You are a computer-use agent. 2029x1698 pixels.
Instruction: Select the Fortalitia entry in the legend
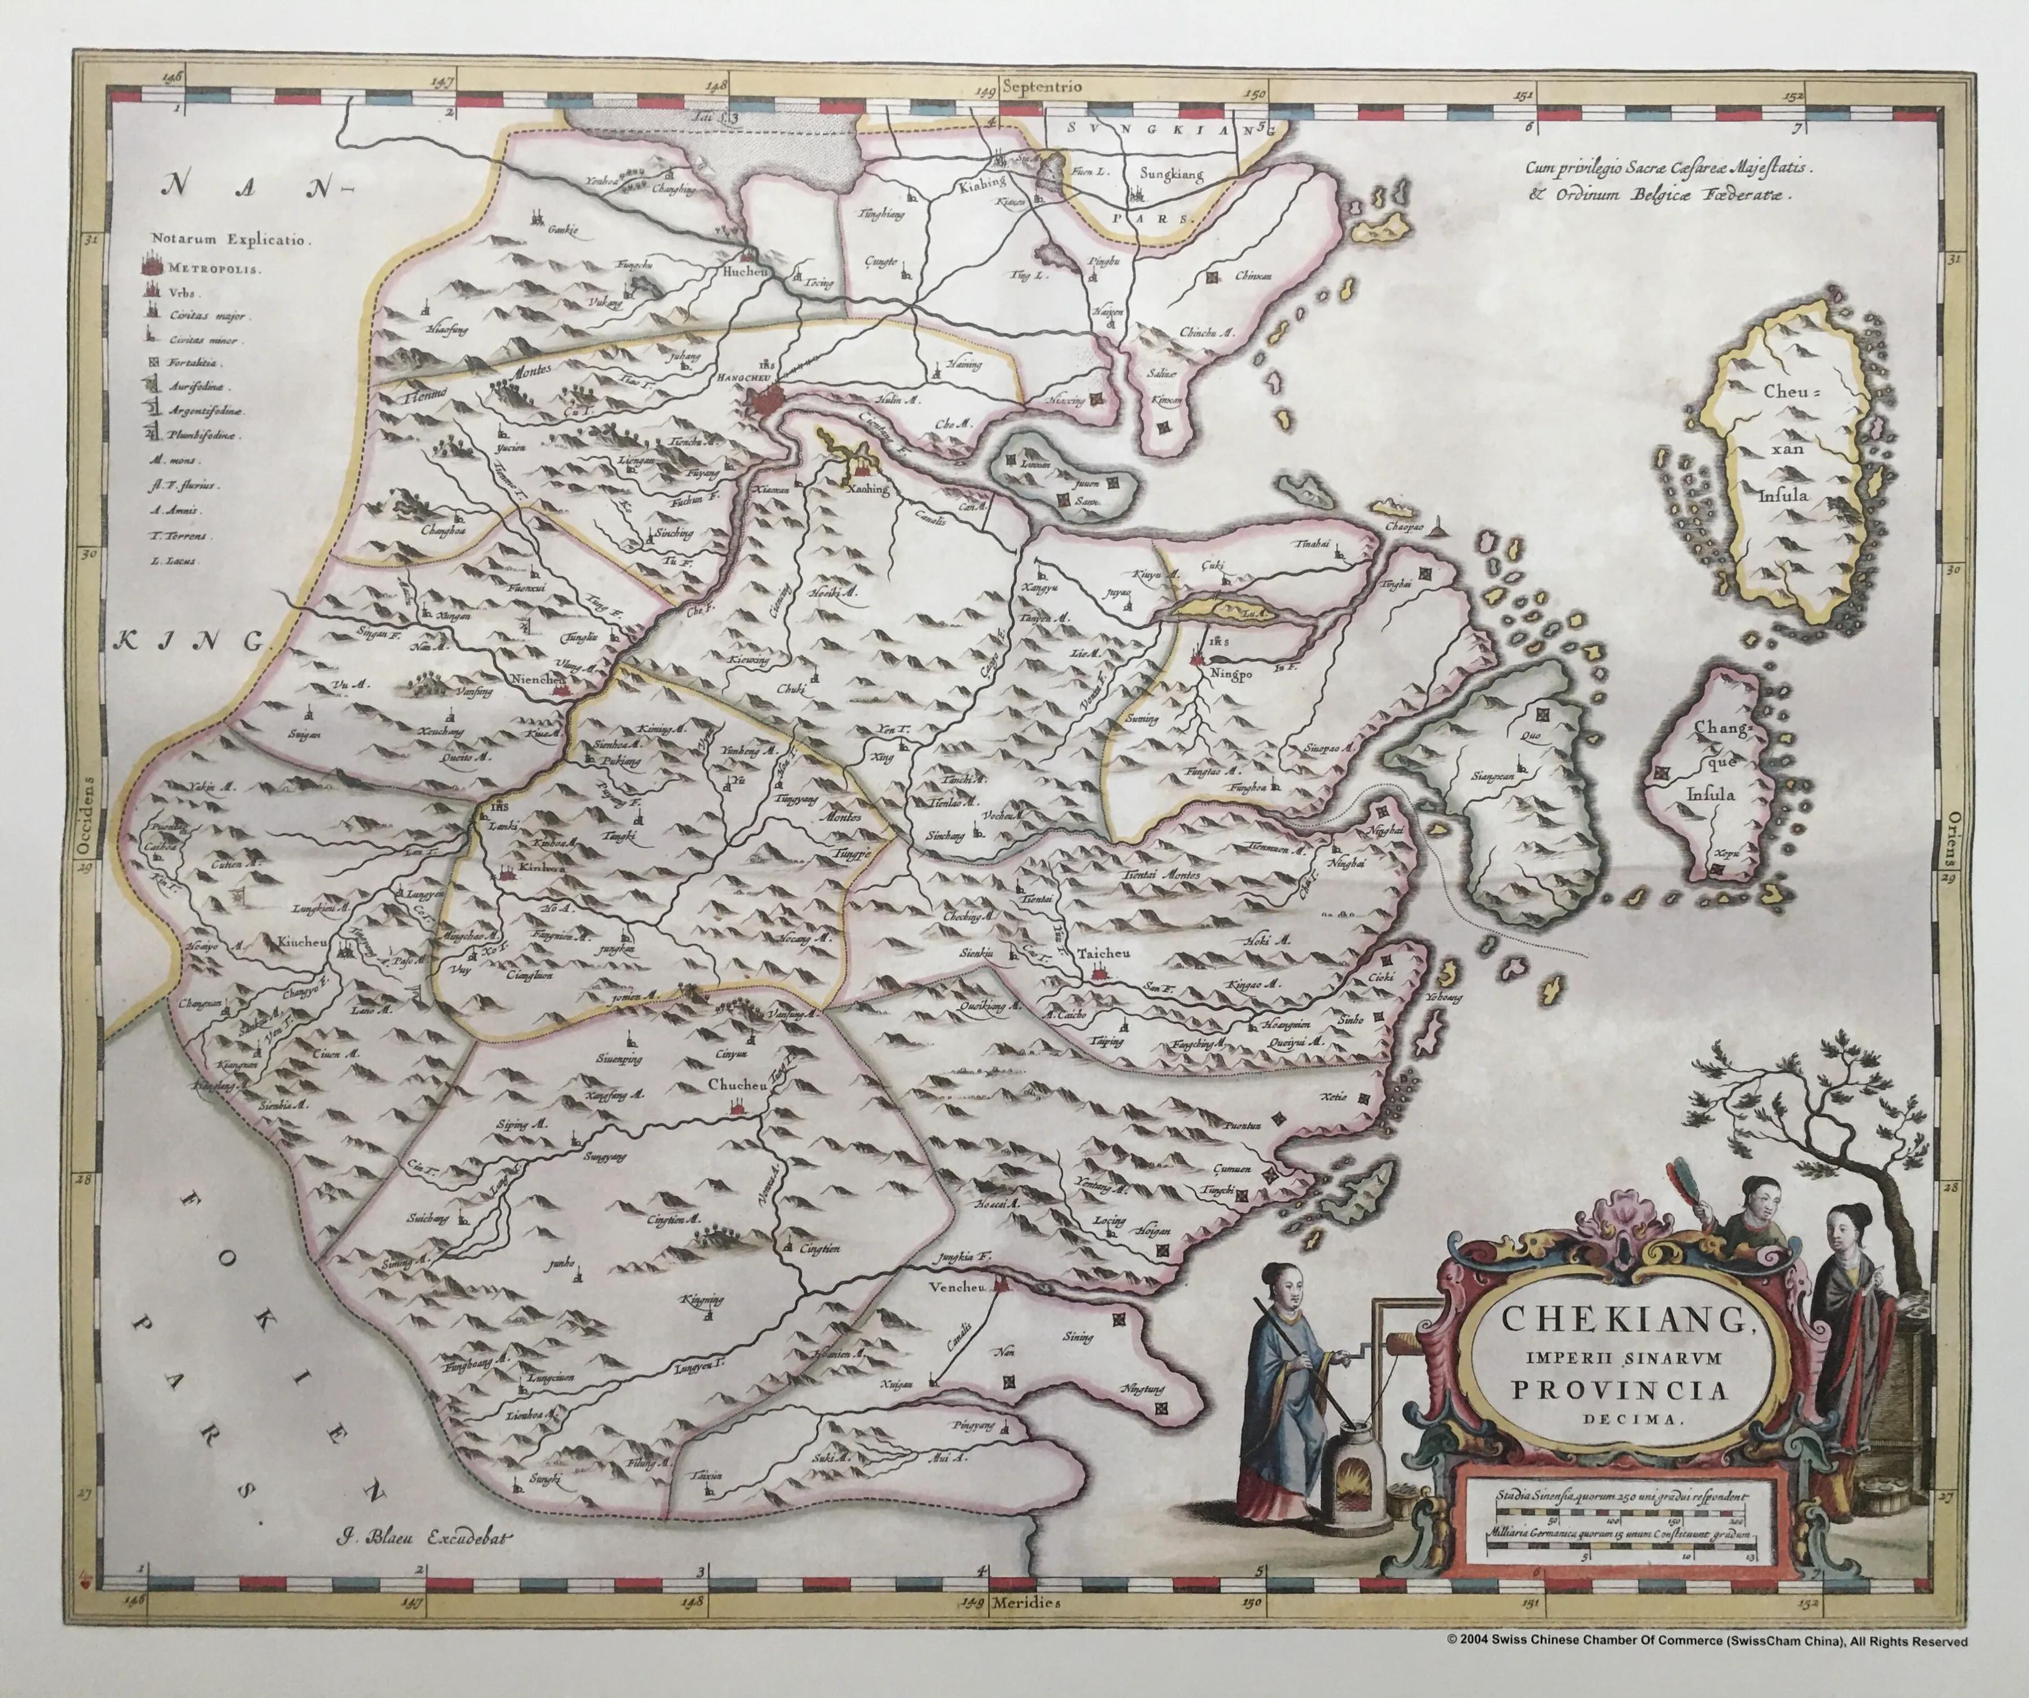(195, 364)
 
